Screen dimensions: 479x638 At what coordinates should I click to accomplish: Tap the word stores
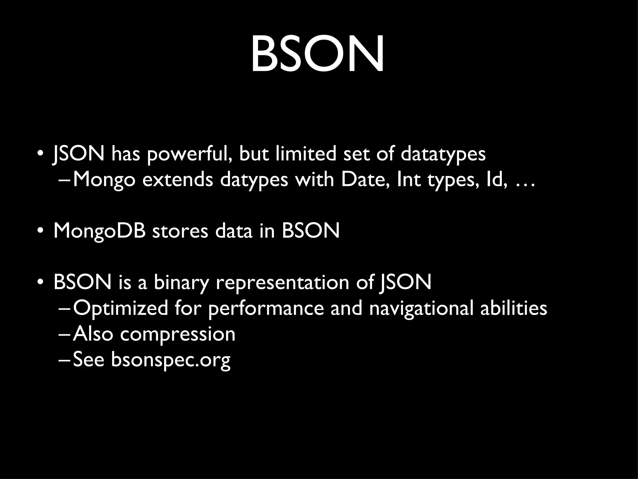tap(180, 231)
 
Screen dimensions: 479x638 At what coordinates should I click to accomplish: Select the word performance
tap(266, 308)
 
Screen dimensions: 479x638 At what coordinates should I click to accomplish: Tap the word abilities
tap(513, 308)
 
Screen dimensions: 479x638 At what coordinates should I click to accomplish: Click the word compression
tap(178, 335)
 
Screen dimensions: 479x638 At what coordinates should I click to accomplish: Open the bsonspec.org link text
tap(171, 360)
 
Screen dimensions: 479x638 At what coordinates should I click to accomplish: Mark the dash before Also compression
tap(65, 335)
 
